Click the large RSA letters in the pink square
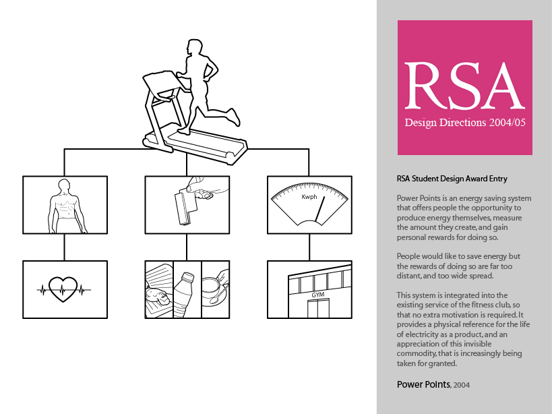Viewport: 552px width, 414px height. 464,86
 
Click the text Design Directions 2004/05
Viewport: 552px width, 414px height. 465,123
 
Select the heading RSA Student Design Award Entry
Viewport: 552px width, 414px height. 452,179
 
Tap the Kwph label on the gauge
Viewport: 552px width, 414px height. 309,197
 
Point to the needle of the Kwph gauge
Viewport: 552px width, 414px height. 319,210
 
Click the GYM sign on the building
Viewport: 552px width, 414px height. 318,295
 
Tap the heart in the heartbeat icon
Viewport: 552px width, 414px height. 63,289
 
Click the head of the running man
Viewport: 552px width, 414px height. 194,47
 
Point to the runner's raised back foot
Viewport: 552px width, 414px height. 234,117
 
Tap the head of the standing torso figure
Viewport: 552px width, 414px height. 64,185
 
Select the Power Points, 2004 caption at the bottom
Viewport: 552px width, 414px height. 433,385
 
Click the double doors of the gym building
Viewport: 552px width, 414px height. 318,309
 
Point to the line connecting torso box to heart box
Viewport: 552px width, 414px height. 65,247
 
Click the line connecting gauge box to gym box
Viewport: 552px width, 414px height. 309,247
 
